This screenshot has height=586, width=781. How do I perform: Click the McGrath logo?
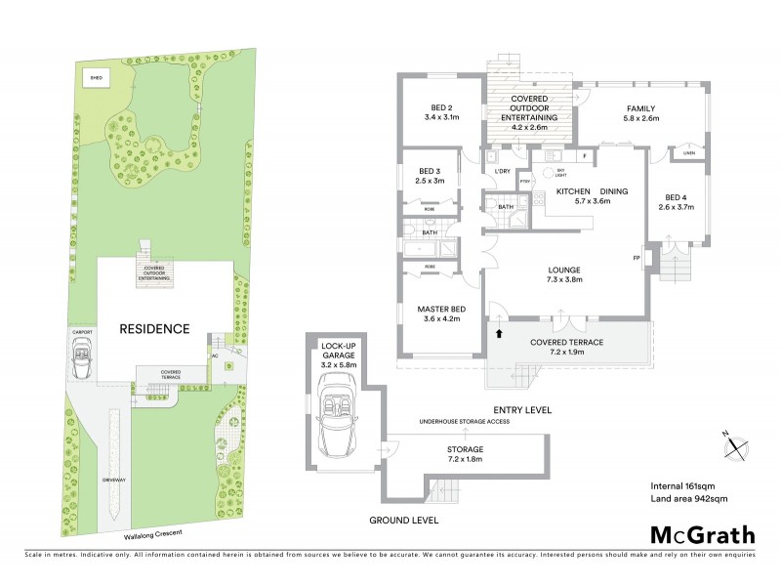[703, 534]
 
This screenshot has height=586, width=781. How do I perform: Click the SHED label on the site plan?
[96, 75]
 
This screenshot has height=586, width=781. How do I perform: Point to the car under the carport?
[82, 362]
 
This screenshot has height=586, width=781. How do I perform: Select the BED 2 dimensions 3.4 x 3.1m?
[441, 117]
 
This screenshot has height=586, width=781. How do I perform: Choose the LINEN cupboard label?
[688, 153]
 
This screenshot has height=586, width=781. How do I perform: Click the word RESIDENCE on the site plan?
[154, 329]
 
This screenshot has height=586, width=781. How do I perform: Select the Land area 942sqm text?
[689, 498]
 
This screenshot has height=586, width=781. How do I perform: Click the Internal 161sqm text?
[683, 485]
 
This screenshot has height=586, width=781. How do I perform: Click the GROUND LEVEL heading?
[403, 520]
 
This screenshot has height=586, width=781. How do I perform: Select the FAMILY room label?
[641, 108]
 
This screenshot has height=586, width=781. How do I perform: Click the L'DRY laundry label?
[503, 172]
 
